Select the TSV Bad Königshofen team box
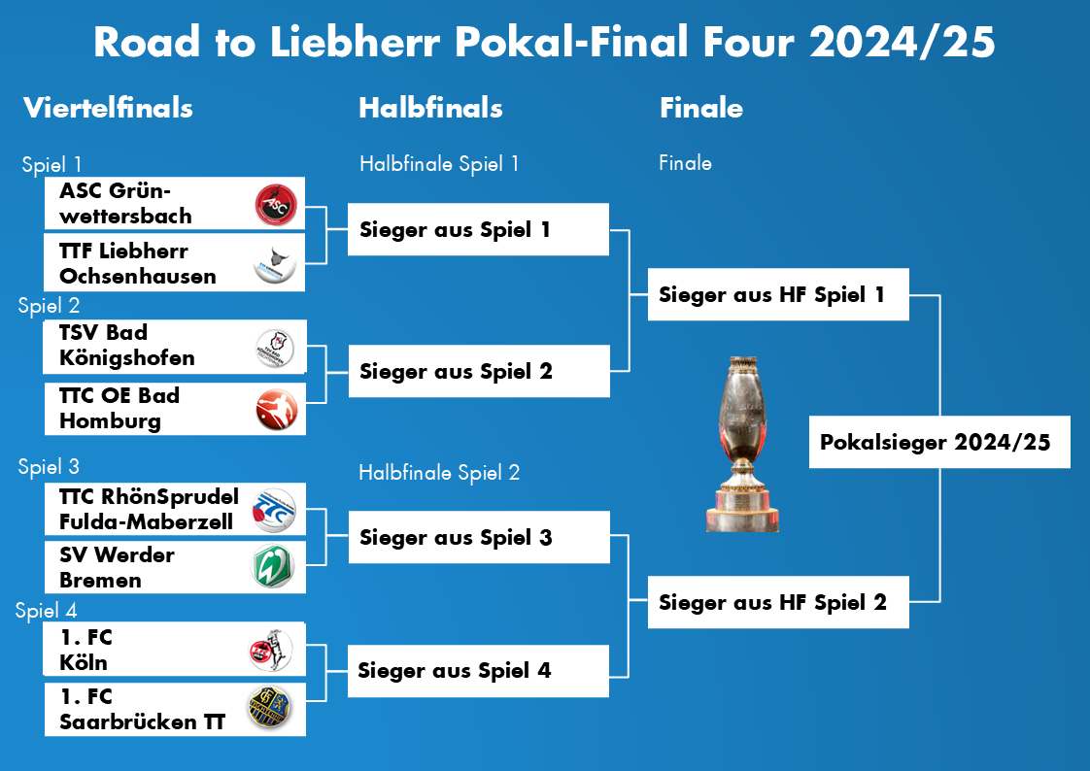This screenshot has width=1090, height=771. point(175,347)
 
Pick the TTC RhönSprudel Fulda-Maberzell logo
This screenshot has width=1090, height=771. point(274,510)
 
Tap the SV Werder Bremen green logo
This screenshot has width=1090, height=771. point(274,568)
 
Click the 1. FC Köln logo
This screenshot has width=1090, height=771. point(272,651)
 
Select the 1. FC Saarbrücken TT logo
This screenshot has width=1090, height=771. point(274,709)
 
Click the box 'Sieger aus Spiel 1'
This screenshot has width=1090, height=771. point(478,230)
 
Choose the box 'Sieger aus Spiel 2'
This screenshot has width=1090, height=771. point(478,371)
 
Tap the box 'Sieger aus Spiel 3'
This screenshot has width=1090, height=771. point(478,538)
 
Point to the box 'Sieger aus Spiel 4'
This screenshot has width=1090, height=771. point(478,671)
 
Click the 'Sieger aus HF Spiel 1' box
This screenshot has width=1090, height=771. point(778,294)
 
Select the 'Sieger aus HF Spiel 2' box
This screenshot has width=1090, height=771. point(778,602)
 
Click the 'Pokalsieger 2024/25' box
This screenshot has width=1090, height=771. point(939,443)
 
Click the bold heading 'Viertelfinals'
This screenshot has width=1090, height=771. point(108,108)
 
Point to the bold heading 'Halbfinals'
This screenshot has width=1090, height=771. point(430,108)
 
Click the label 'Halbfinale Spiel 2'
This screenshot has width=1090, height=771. point(439,473)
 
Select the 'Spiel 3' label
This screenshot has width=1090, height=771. point(49,467)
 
